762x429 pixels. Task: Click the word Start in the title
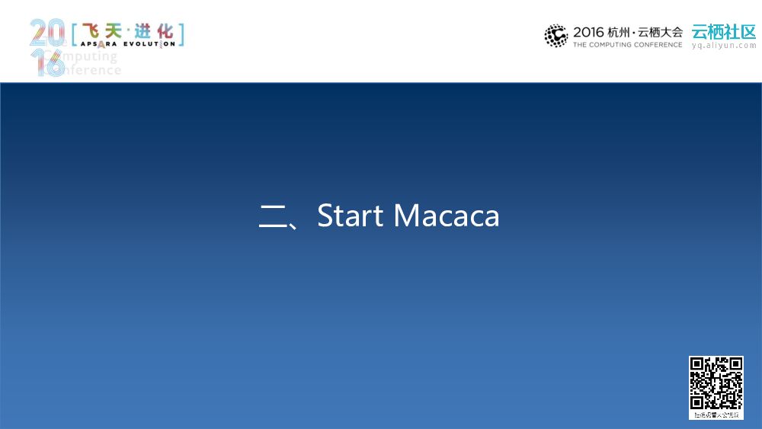[350, 216]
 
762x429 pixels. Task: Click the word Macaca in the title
[447, 216]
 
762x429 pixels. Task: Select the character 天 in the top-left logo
[115, 31]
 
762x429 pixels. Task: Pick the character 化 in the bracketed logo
[165, 31]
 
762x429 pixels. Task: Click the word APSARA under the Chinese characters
[98, 44]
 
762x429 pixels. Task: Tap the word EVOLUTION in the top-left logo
[150, 44]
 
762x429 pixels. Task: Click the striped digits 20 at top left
[48, 34]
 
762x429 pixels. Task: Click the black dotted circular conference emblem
[556, 36]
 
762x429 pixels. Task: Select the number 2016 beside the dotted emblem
[588, 32]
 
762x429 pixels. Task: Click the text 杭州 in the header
[618, 32]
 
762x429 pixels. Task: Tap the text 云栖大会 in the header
[661, 32]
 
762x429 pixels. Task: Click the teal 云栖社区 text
[723, 31]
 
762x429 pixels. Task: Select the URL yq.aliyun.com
[723, 46]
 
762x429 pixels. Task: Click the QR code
[716, 383]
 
